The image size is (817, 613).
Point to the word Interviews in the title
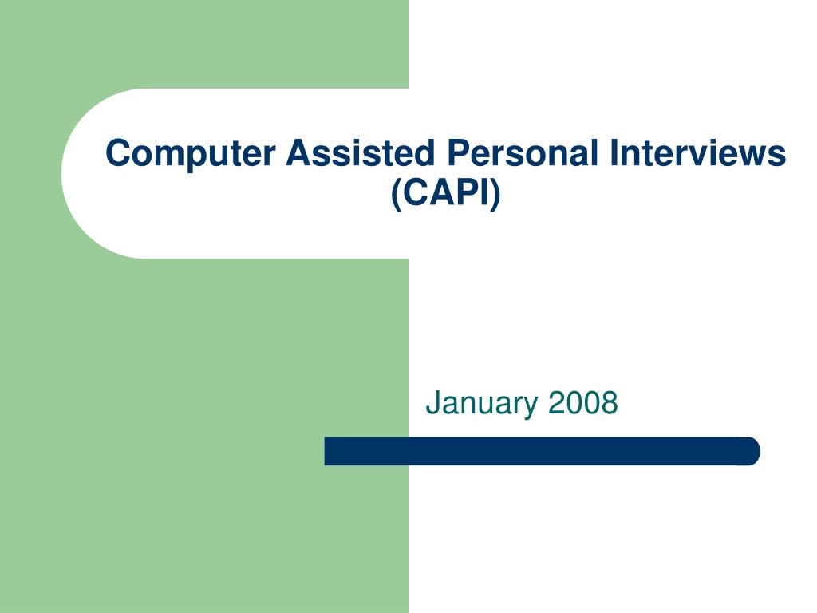tap(698, 153)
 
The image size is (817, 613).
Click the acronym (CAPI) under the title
tap(446, 195)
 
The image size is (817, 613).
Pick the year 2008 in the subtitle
tap(583, 403)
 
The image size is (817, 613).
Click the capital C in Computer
tap(117, 153)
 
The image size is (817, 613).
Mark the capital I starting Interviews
tap(614, 153)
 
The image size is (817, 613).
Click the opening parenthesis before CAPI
tap(396, 196)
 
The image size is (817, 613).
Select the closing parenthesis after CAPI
tap(496, 196)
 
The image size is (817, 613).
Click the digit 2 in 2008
tap(556, 403)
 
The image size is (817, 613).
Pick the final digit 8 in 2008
tap(610, 403)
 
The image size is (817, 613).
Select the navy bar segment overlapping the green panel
tap(366, 451)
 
